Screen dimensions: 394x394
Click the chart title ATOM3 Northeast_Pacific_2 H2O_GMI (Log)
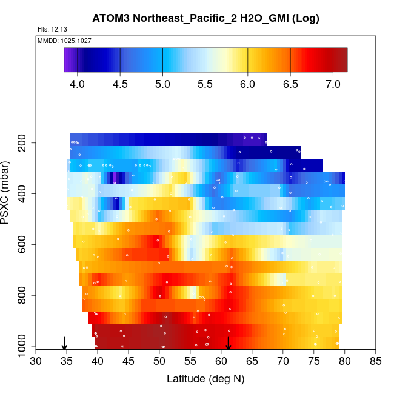coord(205,18)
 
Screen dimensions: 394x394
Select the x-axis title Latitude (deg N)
coord(205,379)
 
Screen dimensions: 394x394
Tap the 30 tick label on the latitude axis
coord(36,362)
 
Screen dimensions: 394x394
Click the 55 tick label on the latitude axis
coord(190,362)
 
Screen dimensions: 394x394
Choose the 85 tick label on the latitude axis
coord(376,362)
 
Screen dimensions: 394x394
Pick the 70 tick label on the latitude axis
coord(283,362)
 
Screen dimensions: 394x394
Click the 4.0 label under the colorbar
coord(78,84)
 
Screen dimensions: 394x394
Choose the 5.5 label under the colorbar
coord(205,84)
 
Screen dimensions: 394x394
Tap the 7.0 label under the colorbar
coord(333,84)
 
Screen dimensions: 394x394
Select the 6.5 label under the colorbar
coord(290,84)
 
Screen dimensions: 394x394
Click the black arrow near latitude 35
coord(65,343)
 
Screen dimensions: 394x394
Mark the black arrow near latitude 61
coord(229,343)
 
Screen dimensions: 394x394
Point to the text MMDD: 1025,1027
coord(59,41)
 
